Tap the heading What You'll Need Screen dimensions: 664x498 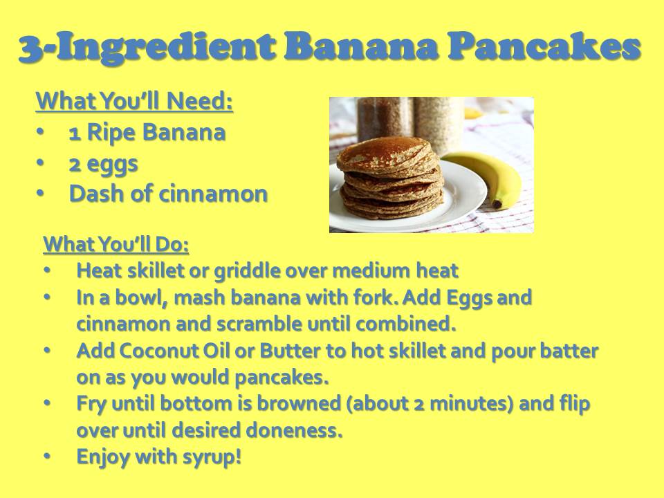pyautogui.click(x=135, y=101)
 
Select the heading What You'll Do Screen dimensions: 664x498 pyautogui.click(x=116, y=244)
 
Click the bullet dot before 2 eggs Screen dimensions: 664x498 pyautogui.click(x=40, y=163)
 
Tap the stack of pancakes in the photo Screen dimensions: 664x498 pyautogui.click(x=390, y=178)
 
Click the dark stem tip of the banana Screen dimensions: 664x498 pyautogui.click(x=497, y=204)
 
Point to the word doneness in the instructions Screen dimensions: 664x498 pyautogui.click(x=294, y=430)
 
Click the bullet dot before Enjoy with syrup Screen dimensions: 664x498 pyautogui.click(x=48, y=456)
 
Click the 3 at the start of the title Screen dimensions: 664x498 pyautogui.click(x=30, y=48)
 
